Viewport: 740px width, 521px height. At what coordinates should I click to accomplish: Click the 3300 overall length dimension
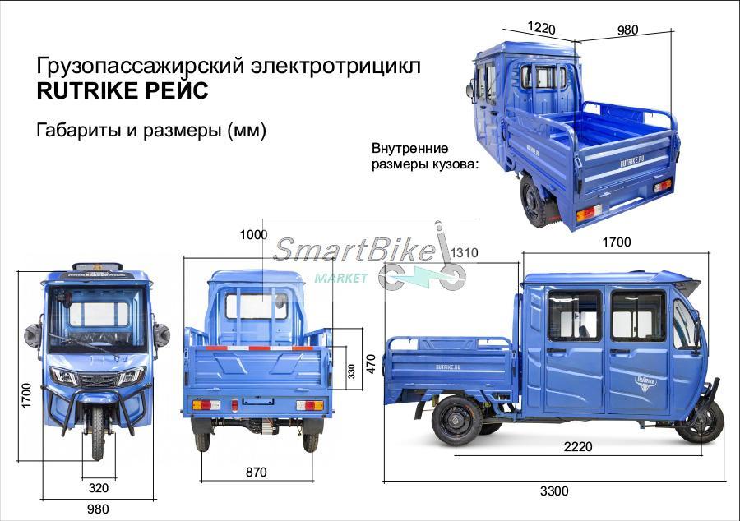(554, 491)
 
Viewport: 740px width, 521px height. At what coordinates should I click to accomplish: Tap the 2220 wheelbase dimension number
(578, 446)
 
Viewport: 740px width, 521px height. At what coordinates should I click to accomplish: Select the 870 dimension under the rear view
(256, 472)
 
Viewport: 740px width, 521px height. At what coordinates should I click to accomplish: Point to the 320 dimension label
(98, 488)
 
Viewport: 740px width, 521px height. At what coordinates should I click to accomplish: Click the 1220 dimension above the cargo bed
(541, 27)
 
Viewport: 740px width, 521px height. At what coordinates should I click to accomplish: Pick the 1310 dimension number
(464, 253)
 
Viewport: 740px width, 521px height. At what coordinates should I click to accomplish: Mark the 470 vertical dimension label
(371, 364)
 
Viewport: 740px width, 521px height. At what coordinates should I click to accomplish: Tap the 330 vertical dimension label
(351, 371)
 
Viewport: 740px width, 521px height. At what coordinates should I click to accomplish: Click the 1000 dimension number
(253, 234)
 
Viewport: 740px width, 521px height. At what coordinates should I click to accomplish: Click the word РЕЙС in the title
(177, 90)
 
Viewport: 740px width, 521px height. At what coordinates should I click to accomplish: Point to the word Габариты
(78, 130)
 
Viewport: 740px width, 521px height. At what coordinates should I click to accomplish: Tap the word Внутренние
(409, 148)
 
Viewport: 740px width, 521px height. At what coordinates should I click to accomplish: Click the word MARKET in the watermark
(340, 279)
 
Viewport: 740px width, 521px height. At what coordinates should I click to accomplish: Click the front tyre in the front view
(98, 433)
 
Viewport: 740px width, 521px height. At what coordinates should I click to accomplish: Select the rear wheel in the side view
(456, 421)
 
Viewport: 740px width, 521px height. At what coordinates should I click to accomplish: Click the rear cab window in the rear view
(256, 306)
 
